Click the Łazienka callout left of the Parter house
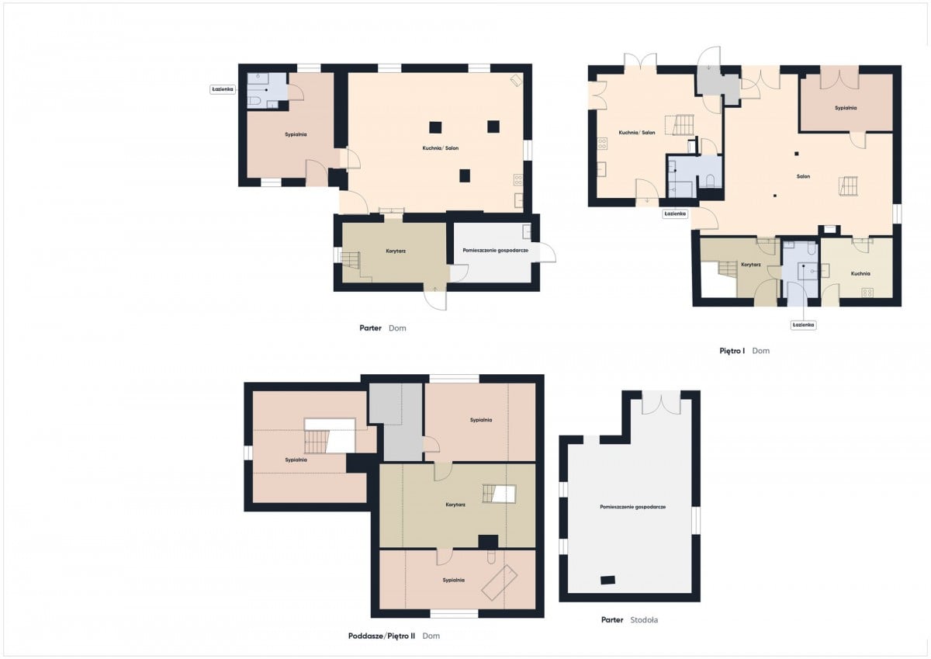click(223, 89)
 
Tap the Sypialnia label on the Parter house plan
click(296, 134)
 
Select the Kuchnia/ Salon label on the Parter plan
click(440, 148)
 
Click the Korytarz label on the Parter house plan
click(396, 251)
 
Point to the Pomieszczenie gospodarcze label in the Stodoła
click(632, 507)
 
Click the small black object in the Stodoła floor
click(607, 580)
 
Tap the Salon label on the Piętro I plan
click(803, 176)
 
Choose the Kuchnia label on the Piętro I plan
click(860, 273)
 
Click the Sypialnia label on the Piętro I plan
click(846, 108)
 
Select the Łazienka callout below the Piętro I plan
click(803, 324)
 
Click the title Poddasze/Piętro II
click(381, 636)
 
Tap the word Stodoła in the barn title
click(644, 620)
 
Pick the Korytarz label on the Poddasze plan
click(455, 505)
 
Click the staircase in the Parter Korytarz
click(351, 260)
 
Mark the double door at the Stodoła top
click(661, 402)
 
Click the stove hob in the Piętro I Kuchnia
click(867, 293)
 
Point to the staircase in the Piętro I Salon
click(848, 186)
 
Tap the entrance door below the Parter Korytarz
click(435, 297)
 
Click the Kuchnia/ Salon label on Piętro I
click(637, 133)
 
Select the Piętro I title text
click(732, 351)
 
